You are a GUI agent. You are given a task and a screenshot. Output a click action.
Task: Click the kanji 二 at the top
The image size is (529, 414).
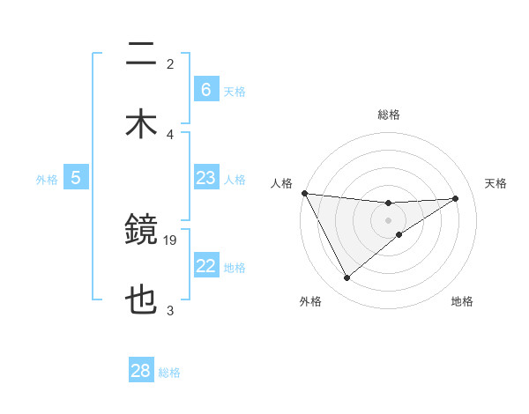click(x=141, y=55)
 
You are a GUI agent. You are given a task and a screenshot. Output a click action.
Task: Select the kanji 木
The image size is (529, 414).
click(x=141, y=124)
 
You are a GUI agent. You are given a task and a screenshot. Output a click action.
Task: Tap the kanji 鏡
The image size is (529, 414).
click(x=141, y=231)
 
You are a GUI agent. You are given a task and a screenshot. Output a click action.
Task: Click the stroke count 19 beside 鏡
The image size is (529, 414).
click(x=170, y=240)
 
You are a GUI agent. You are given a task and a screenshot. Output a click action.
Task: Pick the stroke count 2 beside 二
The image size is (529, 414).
click(x=170, y=63)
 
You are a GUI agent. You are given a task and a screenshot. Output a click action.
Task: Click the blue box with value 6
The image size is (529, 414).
click(x=205, y=90)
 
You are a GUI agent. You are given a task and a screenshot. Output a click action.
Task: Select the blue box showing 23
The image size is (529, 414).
click(x=205, y=178)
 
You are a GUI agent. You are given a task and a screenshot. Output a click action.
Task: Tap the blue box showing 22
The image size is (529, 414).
click(x=205, y=267)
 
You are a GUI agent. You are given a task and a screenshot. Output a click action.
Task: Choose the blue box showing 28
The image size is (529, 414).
click(x=141, y=371)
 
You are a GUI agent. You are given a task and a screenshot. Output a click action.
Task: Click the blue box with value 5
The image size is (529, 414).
click(x=76, y=178)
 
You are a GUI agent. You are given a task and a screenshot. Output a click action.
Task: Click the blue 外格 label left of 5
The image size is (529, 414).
click(x=47, y=179)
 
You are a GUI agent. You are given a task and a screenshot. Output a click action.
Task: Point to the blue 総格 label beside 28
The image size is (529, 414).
click(x=169, y=372)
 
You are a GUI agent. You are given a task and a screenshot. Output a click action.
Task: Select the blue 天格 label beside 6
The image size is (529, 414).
click(x=235, y=91)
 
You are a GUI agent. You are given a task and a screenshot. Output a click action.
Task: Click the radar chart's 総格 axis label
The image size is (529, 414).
click(x=388, y=115)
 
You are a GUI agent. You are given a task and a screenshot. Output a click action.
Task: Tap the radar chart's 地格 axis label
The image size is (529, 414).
click(x=462, y=301)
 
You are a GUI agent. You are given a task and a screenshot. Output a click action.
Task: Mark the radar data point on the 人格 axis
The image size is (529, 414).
click(x=304, y=193)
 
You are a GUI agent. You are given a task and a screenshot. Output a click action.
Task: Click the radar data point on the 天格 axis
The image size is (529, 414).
click(x=456, y=198)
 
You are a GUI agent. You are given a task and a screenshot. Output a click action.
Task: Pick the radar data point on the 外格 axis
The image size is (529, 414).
click(x=346, y=278)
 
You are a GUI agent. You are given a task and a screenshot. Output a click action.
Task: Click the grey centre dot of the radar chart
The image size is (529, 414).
click(x=388, y=220)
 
